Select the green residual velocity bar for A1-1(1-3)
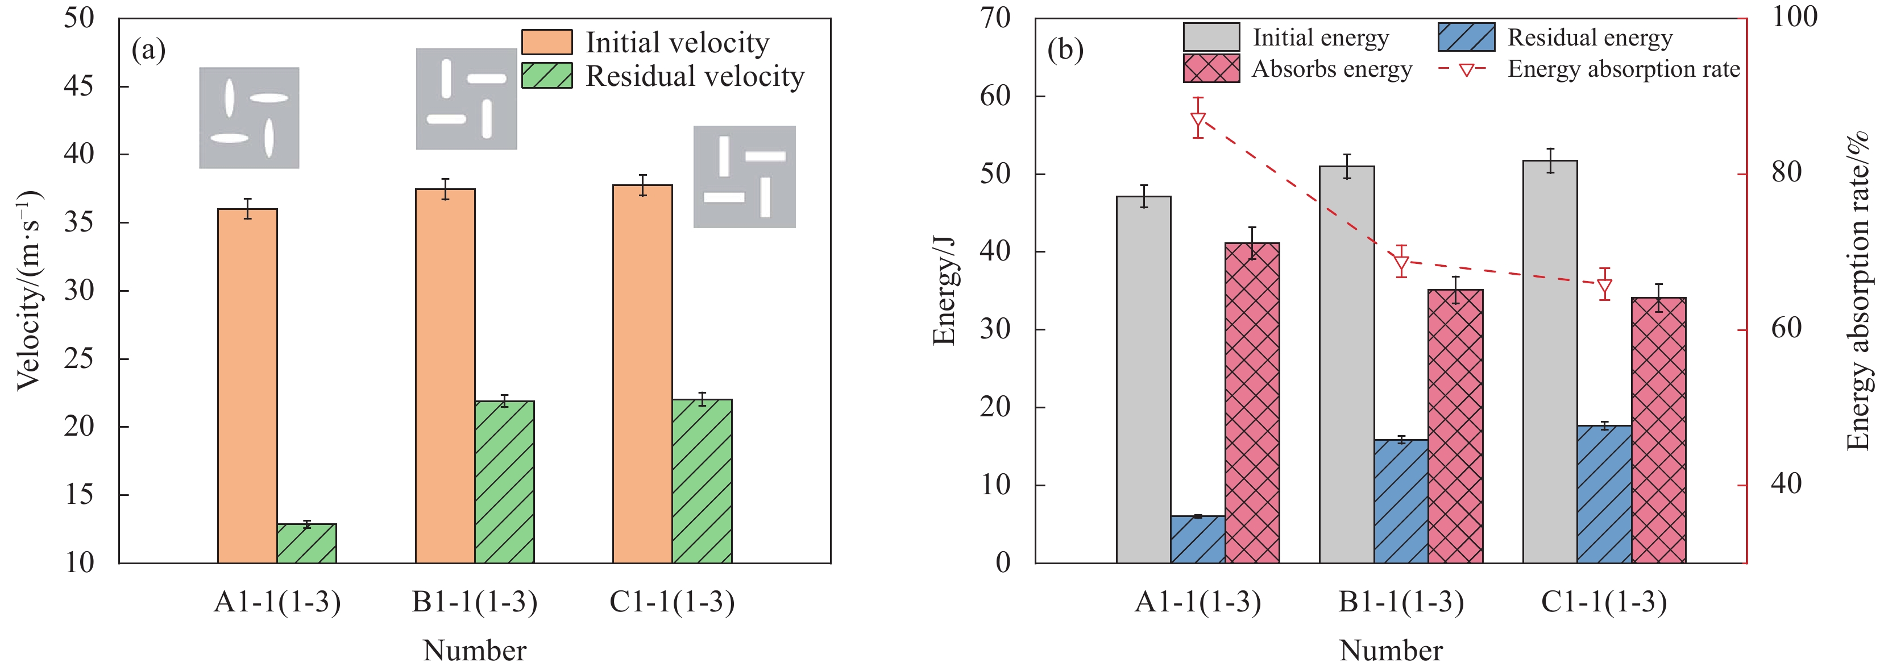click(x=306, y=543)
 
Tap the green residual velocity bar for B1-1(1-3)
click(x=504, y=482)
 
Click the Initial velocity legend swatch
click(x=547, y=42)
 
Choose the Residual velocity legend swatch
click(x=547, y=76)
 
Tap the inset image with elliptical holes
click(x=249, y=118)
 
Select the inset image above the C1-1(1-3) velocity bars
click(x=744, y=177)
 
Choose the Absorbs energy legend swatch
click(x=1211, y=69)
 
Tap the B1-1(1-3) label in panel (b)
click(x=1401, y=602)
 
